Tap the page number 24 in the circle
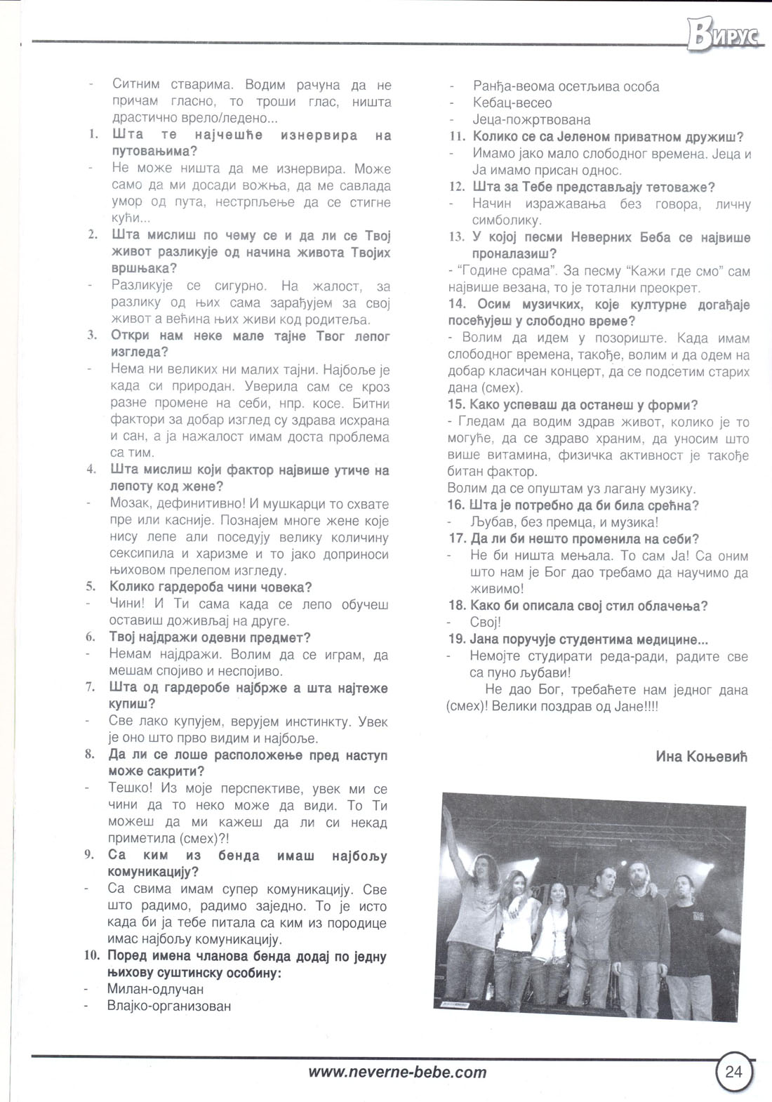[734, 1071]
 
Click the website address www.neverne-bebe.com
[397, 1072]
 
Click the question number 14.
[458, 305]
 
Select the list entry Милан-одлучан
[155, 989]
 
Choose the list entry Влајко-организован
[168, 1006]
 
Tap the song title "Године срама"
[495, 271]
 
